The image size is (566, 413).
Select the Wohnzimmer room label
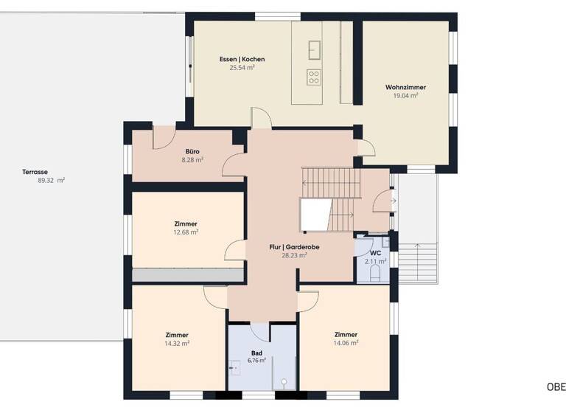(x=405, y=88)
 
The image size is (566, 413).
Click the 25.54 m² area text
(x=242, y=68)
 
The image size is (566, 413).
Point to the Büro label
(x=192, y=151)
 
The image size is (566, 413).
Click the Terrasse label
(x=35, y=172)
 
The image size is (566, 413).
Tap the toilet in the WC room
(x=375, y=273)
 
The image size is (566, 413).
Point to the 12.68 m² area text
(x=186, y=232)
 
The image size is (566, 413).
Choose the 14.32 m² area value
(x=177, y=343)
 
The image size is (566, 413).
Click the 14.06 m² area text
(x=346, y=343)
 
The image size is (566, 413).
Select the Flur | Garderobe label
(x=293, y=247)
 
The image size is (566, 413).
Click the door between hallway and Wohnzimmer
(x=366, y=149)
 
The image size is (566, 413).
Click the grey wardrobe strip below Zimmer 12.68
(x=187, y=275)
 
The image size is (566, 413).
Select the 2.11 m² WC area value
(x=375, y=260)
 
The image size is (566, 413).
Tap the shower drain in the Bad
(x=283, y=382)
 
